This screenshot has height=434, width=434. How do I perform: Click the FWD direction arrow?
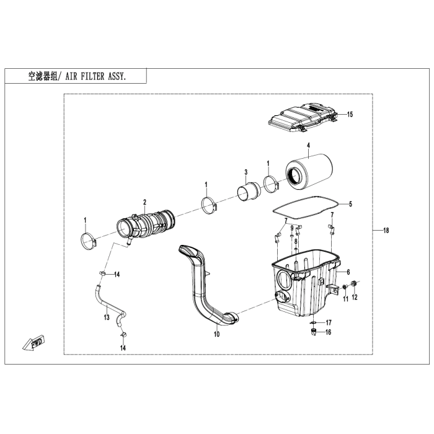tap(34, 343)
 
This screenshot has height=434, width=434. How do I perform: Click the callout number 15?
tap(350, 114)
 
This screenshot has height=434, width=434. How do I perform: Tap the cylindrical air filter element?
tap(309, 173)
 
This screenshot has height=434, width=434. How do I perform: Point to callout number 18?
tap(386, 230)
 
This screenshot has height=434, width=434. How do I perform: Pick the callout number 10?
tap(216, 334)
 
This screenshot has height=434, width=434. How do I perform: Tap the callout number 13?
tap(107, 317)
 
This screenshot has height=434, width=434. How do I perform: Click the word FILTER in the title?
tap(92, 76)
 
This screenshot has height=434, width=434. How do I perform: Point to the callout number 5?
tap(350, 204)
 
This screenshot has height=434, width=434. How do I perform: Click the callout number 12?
tap(354, 297)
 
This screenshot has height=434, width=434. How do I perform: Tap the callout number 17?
tap(328, 323)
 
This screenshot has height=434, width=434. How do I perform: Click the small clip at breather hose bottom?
tap(123, 335)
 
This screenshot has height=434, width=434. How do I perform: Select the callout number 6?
tap(348, 272)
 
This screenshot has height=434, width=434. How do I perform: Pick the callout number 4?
tap(308, 146)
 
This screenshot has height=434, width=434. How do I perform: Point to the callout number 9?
tap(292, 228)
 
